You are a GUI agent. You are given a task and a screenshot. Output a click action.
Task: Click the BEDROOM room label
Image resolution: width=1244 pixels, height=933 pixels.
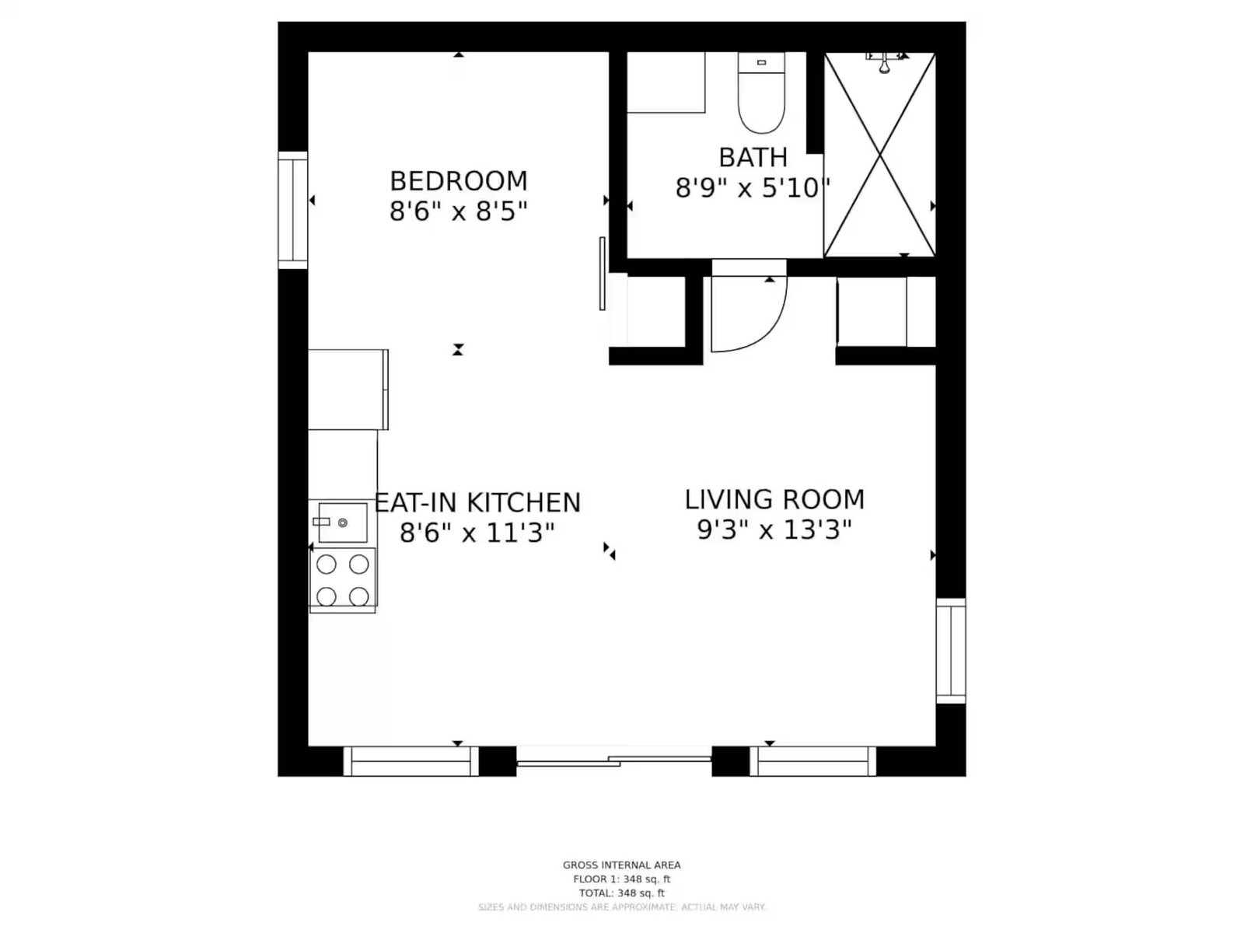click(x=459, y=181)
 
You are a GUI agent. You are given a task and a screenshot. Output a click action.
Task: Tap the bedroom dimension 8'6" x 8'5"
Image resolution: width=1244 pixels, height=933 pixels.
click(x=459, y=211)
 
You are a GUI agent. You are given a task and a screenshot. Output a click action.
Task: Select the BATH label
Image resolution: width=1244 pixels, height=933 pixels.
click(x=753, y=158)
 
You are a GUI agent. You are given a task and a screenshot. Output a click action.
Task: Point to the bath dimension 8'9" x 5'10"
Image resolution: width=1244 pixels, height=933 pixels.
click(x=753, y=187)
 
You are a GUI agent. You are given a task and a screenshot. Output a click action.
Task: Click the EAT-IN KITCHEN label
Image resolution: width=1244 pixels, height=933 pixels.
click(x=477, y=502)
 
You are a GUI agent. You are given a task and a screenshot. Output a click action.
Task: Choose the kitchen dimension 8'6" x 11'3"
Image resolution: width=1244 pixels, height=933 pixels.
click(x=477, y=533)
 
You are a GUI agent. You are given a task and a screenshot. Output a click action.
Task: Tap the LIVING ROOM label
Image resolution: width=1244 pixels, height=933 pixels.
click(x=774, y=500)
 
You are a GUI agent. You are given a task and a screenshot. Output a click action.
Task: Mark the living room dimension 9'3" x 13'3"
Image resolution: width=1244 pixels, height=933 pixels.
click(x=774, y=530)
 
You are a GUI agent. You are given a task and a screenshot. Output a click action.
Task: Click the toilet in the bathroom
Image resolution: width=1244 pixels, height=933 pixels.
click(x=761, y=93)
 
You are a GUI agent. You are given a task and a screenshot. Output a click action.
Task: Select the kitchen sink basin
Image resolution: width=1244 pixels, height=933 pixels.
click(x=343, y=522)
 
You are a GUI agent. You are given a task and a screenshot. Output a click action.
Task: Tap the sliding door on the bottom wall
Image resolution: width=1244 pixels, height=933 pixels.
click(x=613, y=761)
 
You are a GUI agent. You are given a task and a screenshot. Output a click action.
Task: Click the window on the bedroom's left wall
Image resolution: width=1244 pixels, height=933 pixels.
click(x=293, y=210)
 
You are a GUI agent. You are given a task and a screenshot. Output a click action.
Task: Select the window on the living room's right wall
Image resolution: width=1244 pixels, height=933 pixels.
click(x=950, y=651)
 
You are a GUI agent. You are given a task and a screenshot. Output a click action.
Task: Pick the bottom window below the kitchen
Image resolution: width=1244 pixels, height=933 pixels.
click(x=411, y=761)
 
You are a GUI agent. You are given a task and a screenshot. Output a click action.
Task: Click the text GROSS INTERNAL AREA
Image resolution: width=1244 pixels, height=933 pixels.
click(x=622, y=865)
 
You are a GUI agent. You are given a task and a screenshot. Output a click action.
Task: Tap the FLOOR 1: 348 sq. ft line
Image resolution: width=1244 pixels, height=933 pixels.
click(x=622, y=879)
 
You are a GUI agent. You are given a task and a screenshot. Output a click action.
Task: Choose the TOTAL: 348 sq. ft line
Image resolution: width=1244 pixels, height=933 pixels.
click(x=622, y=893)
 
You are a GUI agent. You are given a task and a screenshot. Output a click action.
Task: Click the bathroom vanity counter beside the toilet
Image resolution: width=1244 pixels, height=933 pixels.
click(x=666, y=82)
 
